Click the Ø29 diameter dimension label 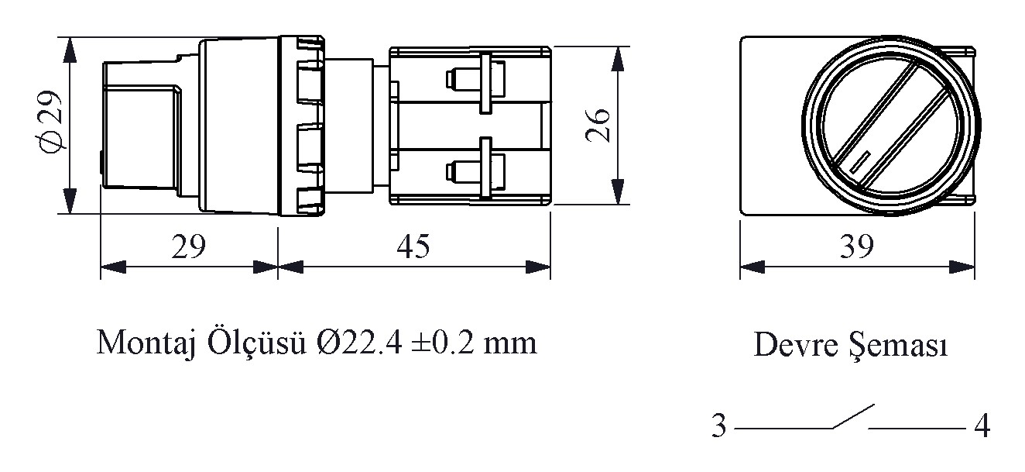[51, 122]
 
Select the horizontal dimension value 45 [413, 246]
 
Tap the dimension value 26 [598, 125]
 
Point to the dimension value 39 [856, 246]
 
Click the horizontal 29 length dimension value [189, 246]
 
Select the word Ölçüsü [257, 343]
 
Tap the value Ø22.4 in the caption [359, 343]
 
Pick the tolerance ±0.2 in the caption [443, 343]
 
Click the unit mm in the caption [510, 346]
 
